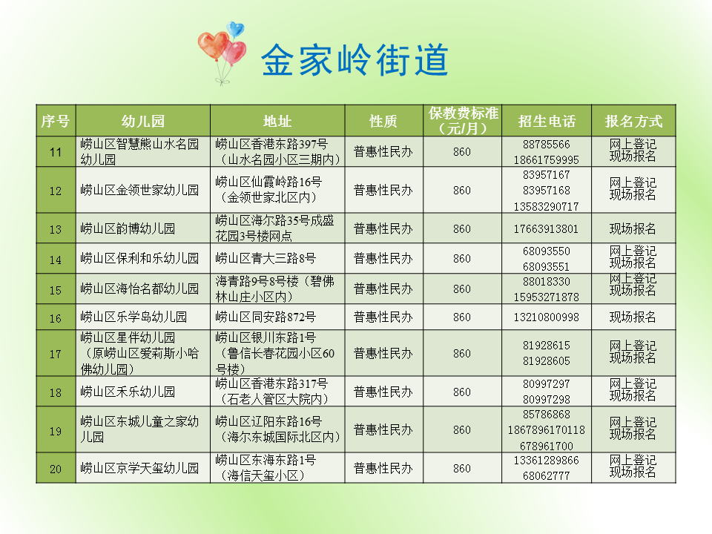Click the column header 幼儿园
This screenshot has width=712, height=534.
(142, 121)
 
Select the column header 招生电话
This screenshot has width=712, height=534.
(547, 121)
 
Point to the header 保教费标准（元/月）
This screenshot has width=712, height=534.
(463, 121)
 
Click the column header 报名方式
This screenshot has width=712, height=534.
(633, 121)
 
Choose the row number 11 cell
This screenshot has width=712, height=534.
(56, 152)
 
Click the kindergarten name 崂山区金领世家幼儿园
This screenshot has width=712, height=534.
(139, 191)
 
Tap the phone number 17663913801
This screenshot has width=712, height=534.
(546, 229)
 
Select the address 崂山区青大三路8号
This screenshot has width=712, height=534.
(266, 259)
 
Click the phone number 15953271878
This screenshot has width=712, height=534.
(546, 297)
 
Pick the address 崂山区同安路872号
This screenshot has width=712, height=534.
(266, 317)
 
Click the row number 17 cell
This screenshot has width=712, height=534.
(56, 354)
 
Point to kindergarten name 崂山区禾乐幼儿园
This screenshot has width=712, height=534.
(128, 392)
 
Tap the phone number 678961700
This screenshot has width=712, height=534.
(546, 446)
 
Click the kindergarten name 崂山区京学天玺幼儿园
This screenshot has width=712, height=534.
(139, 469)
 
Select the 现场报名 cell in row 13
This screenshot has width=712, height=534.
(633, 229)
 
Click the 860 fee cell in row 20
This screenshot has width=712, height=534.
(462, 469)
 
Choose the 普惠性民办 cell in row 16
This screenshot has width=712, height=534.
(383, 317)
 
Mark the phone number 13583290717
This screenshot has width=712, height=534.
(546, 206)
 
